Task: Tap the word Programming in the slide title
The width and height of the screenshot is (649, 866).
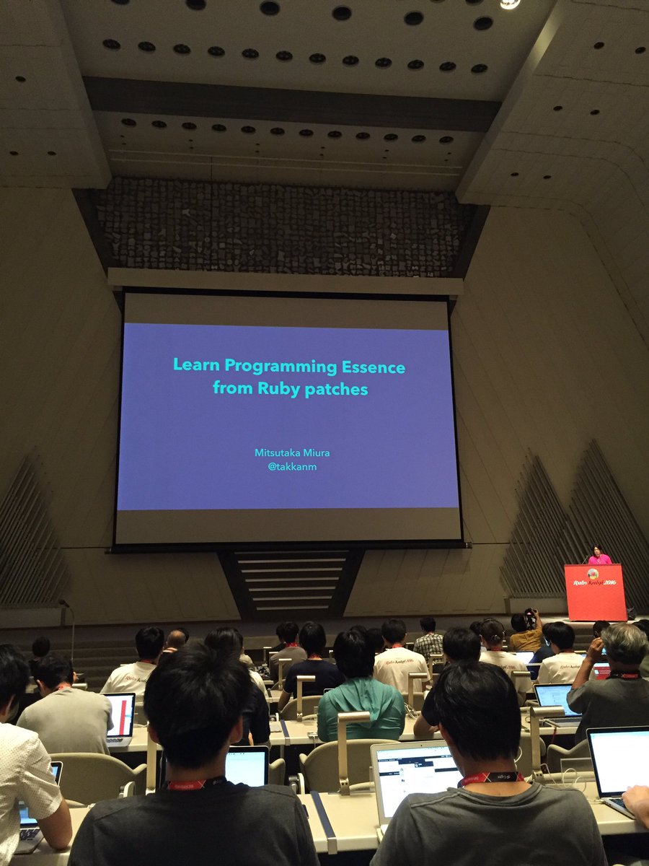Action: point(270,367)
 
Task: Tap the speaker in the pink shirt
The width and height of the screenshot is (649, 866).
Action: point(599,556)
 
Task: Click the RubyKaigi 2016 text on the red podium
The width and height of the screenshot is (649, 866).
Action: point(596,582)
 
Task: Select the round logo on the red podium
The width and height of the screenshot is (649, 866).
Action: point(593,574)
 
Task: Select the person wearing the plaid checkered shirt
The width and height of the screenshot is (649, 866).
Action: point(428,641)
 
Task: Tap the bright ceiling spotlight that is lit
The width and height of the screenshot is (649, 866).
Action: point(511,4)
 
